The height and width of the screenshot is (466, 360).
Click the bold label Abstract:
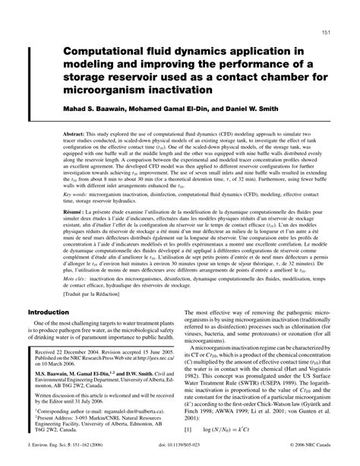79,131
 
